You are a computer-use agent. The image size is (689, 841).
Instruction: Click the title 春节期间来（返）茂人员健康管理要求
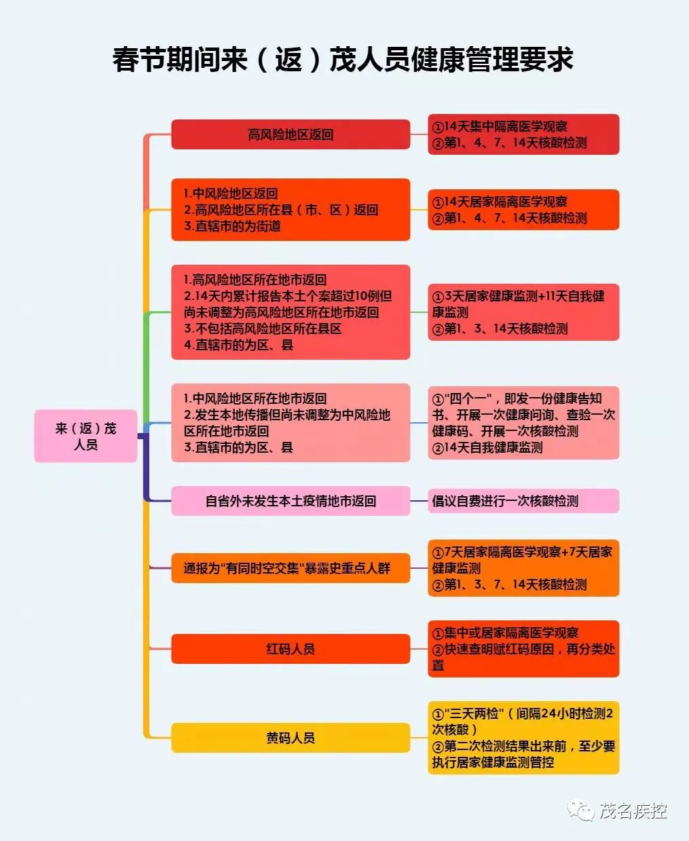coord(343,60)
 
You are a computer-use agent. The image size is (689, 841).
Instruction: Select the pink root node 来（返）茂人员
coord(86,436)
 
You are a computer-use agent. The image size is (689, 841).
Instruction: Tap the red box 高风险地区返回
coord(291,134)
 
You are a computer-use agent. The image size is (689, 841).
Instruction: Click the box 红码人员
coord(291,649)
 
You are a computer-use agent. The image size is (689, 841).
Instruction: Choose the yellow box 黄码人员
coord(291,738)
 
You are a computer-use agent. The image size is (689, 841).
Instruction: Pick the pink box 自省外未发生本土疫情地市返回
coord(291,501)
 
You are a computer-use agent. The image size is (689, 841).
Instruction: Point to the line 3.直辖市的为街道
coord(232,226)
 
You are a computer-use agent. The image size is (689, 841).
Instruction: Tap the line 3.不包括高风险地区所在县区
coord(263,329)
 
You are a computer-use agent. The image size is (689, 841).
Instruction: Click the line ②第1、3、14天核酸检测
coord(500,329)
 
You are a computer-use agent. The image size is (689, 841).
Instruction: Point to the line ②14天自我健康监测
coord(487,447)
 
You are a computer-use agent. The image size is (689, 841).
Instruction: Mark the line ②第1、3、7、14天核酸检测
coord(509,584)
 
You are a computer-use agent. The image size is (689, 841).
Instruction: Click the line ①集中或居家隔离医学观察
coord(506,633)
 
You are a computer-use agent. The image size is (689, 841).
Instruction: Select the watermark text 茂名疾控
coord(633,810)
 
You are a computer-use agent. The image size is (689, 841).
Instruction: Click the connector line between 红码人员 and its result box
coord(419,649)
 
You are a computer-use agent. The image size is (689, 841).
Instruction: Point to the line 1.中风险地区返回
coord(231,193)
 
